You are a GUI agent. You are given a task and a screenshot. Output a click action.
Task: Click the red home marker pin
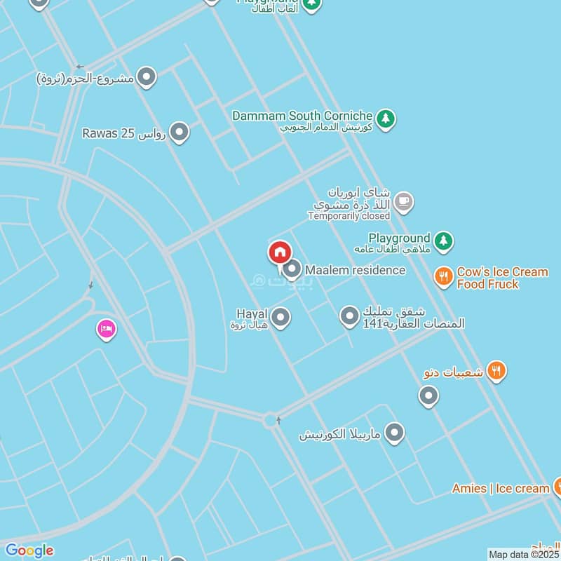(279, 252)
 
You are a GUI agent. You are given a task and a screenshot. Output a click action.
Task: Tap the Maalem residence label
(355, 270)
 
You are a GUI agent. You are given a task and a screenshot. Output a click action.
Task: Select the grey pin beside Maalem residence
(292, 269)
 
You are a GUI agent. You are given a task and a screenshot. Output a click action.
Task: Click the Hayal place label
(252, 314)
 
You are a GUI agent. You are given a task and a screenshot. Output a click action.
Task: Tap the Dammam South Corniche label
(302, 115)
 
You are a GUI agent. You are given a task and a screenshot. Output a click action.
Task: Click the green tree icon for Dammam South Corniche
(385, 119)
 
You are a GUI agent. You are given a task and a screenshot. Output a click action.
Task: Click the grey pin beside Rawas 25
(180, 132)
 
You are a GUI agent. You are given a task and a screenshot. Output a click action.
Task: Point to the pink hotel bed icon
(107, 328)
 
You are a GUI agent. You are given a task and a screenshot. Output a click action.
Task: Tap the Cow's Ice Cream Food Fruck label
(501, 278)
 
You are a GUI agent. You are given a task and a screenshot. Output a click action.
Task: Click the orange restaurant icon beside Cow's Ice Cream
(442, 277)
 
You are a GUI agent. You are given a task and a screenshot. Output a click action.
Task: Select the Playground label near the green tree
(398, 238)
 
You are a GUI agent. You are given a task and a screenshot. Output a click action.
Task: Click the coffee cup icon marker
(403, 203)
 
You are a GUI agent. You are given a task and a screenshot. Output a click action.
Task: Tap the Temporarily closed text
(349, 216)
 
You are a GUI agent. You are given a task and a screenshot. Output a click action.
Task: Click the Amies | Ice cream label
(500, 488)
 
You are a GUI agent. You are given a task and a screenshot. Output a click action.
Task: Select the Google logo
(29, 550)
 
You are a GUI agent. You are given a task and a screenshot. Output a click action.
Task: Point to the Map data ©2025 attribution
(523, 554)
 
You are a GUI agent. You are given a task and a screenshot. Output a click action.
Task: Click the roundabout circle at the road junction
(271, 420)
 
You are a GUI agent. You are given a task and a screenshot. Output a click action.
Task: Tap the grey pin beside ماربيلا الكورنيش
(395, 433)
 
